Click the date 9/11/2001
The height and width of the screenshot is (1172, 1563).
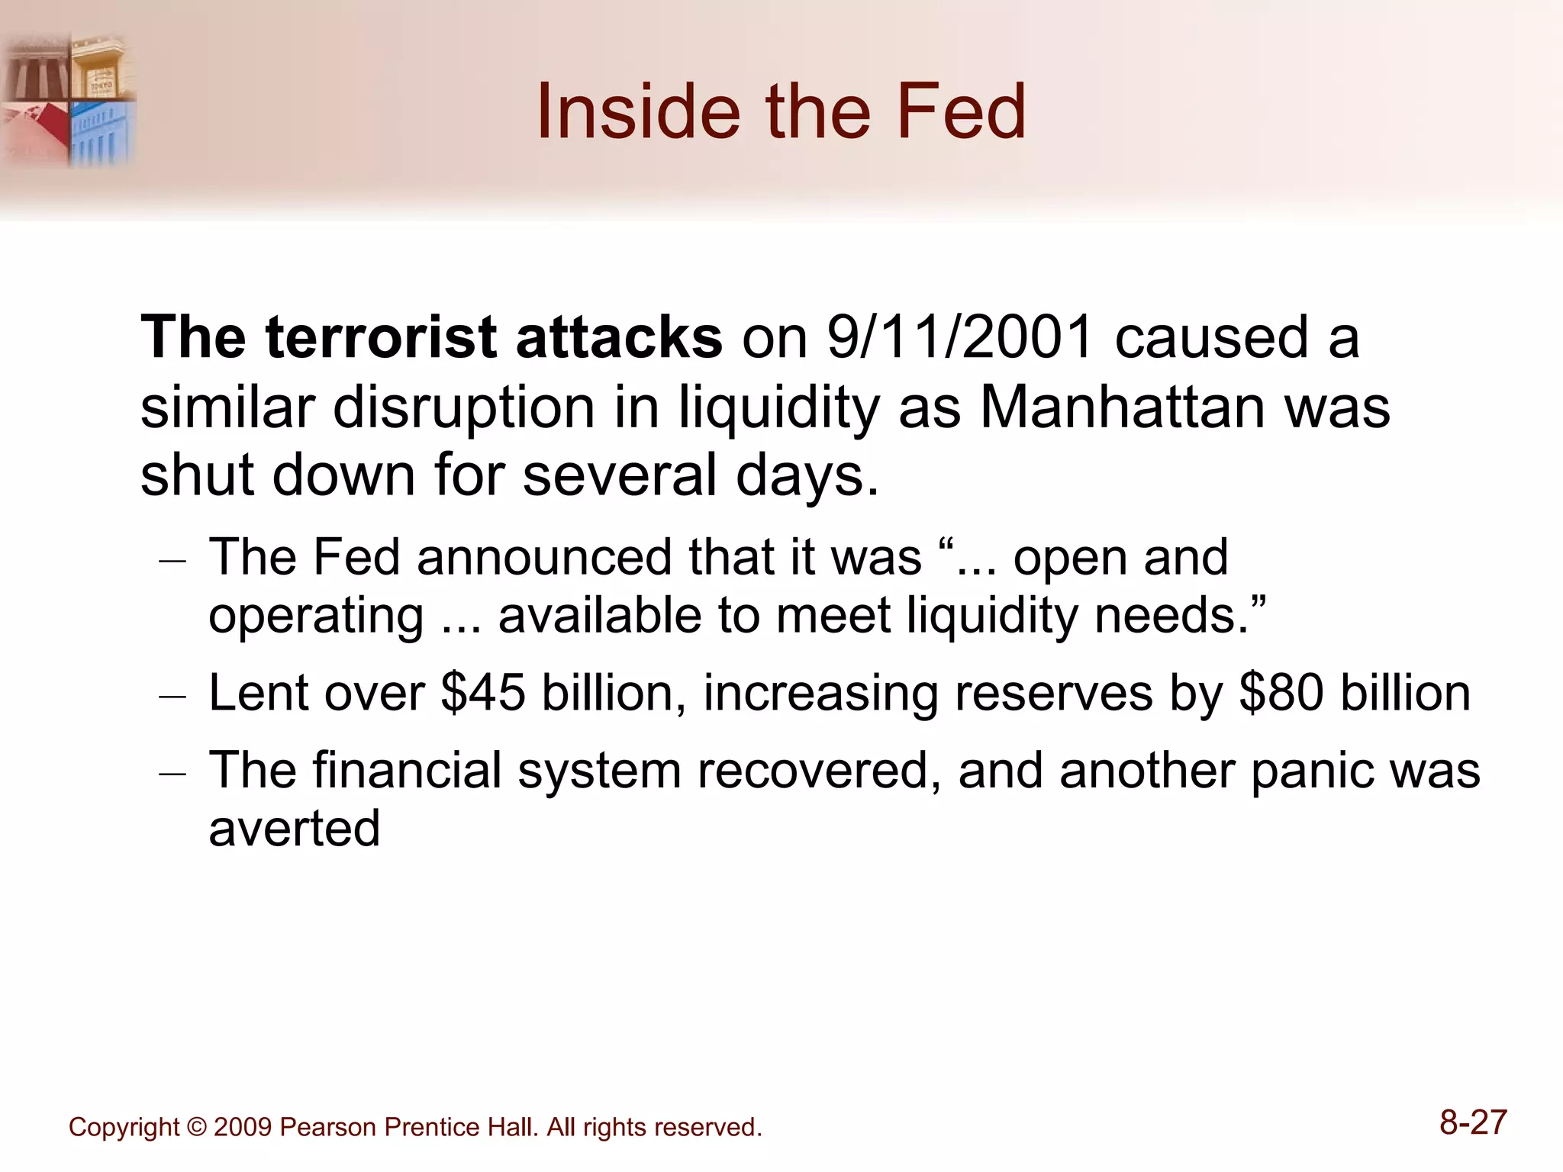[961, 337]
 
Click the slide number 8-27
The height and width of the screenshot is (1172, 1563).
[1473, 1123]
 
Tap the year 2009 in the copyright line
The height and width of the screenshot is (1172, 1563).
[243, 1127]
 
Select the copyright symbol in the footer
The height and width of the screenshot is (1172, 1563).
[196, 1127]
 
